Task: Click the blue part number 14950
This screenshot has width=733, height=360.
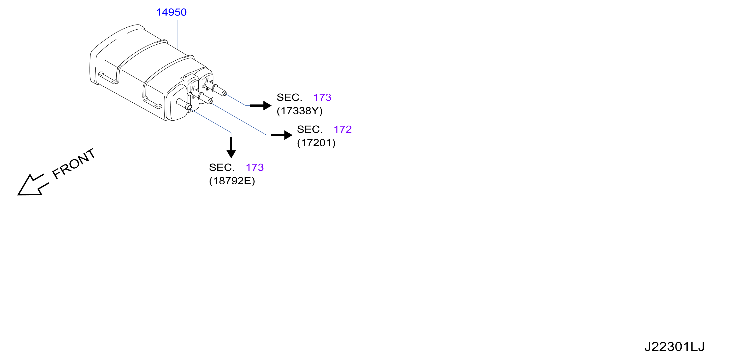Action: [x=171, y=12]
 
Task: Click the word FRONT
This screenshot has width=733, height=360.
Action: [x=74, y=164]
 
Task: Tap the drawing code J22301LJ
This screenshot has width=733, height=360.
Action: [x=674, y=347]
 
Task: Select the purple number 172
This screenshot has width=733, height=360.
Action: [x=342, y=130]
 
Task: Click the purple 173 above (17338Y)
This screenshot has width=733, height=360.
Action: [x=322, y=97]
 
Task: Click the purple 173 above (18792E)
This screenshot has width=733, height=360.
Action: [x=255, y=167]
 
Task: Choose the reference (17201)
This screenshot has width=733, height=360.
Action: [x=316, y=143]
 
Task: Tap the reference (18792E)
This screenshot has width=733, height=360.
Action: [x=232, y=181]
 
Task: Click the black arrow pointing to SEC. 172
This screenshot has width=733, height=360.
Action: [x=282, y=135]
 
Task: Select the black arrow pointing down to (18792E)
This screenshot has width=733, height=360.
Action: [x=231, y=147]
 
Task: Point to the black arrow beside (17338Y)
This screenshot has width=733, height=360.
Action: [x=261, y=105]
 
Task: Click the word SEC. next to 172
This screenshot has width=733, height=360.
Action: [x=309, y=130]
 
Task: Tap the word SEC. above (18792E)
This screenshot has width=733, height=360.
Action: [x=222, y=167]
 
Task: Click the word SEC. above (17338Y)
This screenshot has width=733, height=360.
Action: [x=289, y=97]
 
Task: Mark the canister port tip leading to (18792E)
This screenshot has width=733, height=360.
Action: [x=189, y=107]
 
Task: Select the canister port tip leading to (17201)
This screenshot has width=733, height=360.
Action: [x=210, y=101]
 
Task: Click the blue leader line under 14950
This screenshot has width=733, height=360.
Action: [x=177, y=35]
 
